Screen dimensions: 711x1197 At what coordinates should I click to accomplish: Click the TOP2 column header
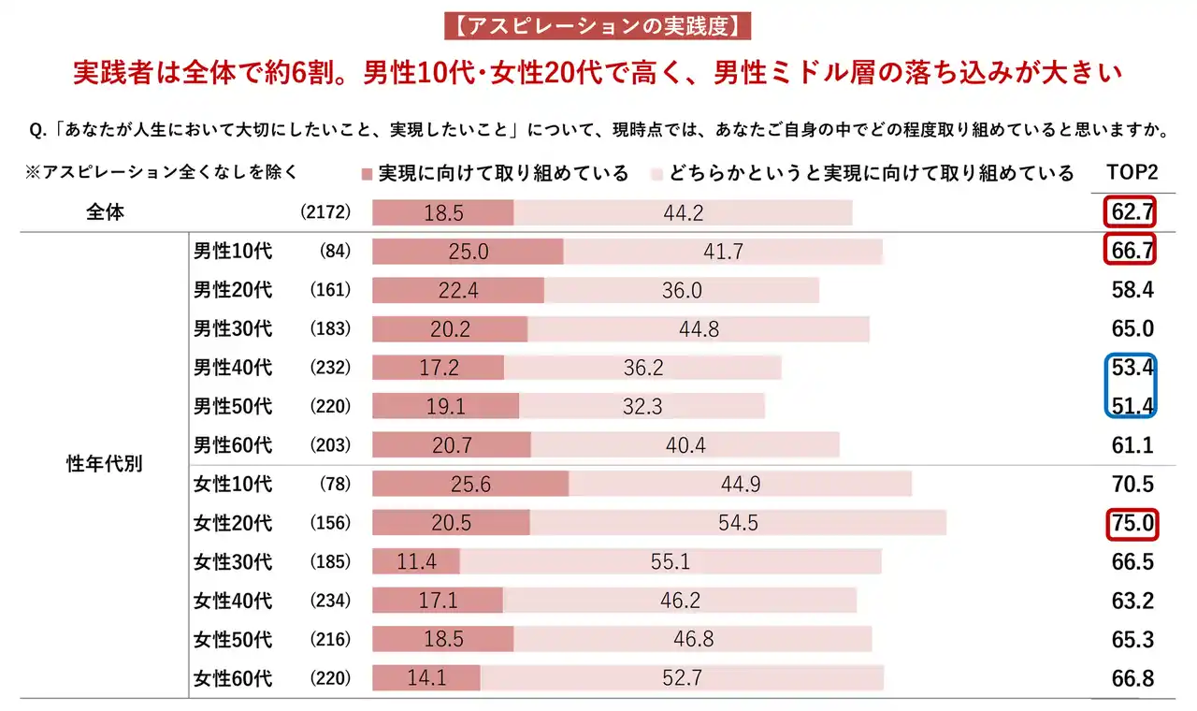pyautogui.click(x=1132, y=173)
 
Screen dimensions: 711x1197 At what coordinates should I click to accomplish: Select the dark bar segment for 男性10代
pyautogui.click(x=468, y=252)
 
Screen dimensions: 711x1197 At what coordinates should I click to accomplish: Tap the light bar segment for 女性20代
pyautogui.click(x=738, y=523)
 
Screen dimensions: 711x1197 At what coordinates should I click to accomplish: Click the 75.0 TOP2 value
pyautogui.click(x=1132, y=523)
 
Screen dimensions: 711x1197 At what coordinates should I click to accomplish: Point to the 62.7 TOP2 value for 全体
pyautogui.click(x=1132, y=212)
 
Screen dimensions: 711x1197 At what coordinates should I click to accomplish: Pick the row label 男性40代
pyautogui.click(x=233, y=368)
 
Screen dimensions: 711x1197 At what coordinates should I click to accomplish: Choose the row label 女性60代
pyautogui.click(x=233, y=678)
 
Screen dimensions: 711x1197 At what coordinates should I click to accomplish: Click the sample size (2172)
pyautogui.click(x=325, y=212)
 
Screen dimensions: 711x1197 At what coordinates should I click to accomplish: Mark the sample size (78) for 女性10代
pyautogui.click(x=334, y=484)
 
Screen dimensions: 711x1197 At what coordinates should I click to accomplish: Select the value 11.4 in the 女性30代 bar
pyautogui.click(x=416, y=561)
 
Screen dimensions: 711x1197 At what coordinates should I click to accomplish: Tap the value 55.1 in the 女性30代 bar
pyautogui.click(x=671, y=561)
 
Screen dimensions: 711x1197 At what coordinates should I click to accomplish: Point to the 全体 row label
pyautogui.click(x=105, y=212)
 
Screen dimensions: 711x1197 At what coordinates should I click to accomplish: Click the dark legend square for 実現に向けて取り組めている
pyautogui.click(x=367, y=174)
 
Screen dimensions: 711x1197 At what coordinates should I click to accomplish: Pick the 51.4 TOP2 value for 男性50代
pyautogui.click(x=1132, y=406)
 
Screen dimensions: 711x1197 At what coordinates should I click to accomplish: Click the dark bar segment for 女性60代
pyautogui.click(x=426, y=678)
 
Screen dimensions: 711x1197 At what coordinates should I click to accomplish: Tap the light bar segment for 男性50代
pyautogui.click(x=642, y=406)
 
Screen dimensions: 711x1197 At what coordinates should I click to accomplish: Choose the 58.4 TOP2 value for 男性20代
pyautogui.click(x=1132, y=290)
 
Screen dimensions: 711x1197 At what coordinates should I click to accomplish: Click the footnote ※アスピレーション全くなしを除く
pyautogui.click(x=163, y=172)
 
